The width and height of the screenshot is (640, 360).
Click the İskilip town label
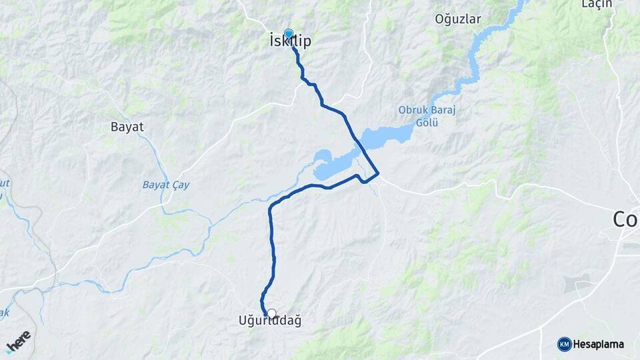(x=290, y=41)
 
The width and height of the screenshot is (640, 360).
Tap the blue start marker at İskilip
(x=289, y=33)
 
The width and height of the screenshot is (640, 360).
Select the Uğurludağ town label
(x=270, y=321)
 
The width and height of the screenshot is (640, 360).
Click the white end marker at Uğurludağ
(x=271, y=313)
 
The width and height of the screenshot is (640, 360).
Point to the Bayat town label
(x=127, y=126)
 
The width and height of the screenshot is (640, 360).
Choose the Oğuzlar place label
(x=457, y=19)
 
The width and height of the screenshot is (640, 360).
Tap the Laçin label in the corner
(x=596, y=5)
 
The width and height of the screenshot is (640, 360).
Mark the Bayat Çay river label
(x=165, y=185)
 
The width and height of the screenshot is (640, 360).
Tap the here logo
(x=18, y=341)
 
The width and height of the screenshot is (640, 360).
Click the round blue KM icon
(x=564, y=344)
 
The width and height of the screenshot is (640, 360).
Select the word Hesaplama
(x=598, y=344)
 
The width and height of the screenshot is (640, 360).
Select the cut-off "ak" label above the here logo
(x=5, y=313)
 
